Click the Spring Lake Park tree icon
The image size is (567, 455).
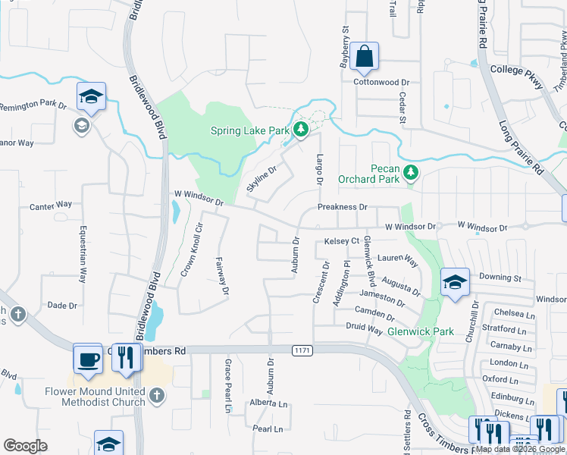click(301, 130)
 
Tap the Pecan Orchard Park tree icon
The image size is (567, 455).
click(411, 173)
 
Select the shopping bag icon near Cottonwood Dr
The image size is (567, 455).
click(365, 55)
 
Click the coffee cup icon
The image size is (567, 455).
click(87, 358)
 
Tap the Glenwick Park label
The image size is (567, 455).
click(421, 331)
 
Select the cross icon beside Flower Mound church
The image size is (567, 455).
click(156, 396)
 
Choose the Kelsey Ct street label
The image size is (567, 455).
click(341, 241)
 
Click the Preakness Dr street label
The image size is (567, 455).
click(342, 207)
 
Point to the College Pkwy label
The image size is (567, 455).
click(517, 71)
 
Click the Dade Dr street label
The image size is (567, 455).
click(63, 306)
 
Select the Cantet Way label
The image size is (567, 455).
click(51, 205)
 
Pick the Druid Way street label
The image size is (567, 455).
click(364, 329)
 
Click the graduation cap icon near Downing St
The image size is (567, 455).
click(455, 282)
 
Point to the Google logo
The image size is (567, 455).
click(25, 446)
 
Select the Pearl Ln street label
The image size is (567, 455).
click(268, 429)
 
